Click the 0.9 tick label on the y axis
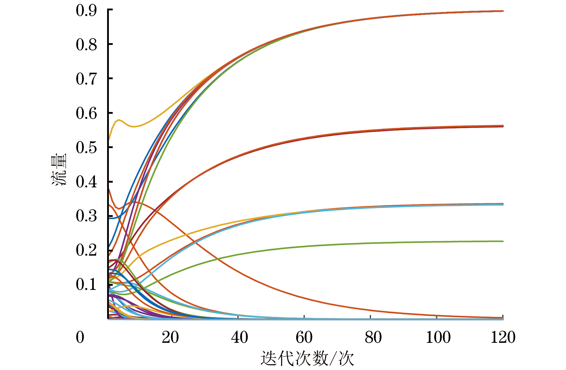point(86,11)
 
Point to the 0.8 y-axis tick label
point(86,45)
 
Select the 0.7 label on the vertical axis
point(86,79)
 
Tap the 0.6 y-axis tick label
point(86,113)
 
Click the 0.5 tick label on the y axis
point(86,148)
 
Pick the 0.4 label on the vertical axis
point(86,182)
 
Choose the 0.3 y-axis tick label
point(86,216)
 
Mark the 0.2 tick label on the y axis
point(86,251)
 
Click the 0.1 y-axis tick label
point(86,285)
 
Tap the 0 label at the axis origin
point(80,337)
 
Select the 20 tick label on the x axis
point(170,337)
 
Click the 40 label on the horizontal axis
point(240,337)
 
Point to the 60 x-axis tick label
point(304,337)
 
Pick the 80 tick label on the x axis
point(373,337)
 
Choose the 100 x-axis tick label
point(438,337)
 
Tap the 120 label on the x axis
point(503,337)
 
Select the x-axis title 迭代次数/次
point(307,359)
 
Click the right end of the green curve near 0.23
point(502,241)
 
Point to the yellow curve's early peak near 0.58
point(119,120)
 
